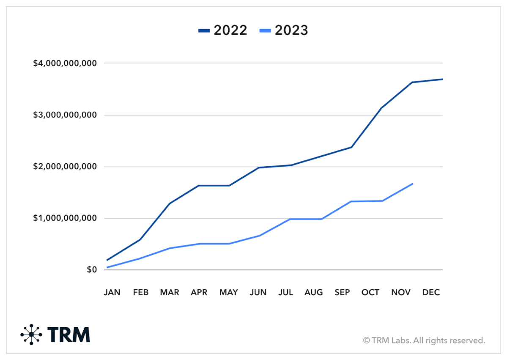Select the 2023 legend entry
[284, 30]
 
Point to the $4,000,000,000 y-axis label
[65, 63]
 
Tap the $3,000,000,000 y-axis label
[65, 115]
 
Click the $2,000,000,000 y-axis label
[65, 167]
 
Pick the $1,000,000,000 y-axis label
[65, 218]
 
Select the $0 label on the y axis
[91, 270]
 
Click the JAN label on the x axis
[112, 292]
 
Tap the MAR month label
[170, 292]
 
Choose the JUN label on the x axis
[258, 292]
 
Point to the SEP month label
[342, 292]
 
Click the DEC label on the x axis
[431, 292]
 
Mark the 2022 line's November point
[412, 82]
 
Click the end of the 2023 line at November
[412, 184]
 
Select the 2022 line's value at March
[170, 203]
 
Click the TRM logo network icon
[31, 334]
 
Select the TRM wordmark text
[69, 334]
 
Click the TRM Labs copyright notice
[424, 340]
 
